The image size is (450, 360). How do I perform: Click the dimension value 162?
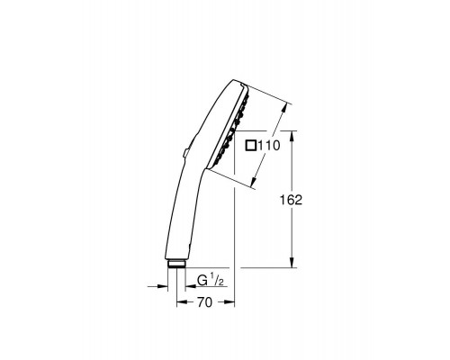(x=311, y=201)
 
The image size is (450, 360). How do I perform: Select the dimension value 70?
(x=205, y=305)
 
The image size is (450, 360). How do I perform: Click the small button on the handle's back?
(x=182, y=154)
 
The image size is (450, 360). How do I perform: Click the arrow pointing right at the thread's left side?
(x=163, y=288)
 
